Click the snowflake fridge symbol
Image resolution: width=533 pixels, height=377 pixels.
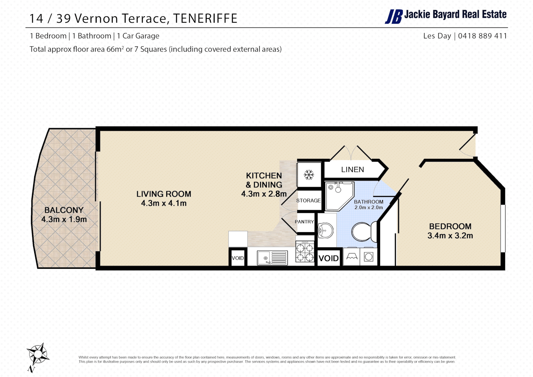click(309, 175)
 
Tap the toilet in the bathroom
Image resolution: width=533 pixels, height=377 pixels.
click(363, 231)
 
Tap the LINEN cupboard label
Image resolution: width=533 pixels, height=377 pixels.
click(353, 170)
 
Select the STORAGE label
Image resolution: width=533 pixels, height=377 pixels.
click(308, 200)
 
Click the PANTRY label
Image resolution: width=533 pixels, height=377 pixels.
click(304, 222)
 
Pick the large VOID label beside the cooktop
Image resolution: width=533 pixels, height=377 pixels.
click(328, 258)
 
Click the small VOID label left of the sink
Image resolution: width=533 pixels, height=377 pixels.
click(238, 258)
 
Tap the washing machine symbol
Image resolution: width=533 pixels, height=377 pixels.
click(369, 257)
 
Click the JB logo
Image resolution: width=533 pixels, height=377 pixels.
click(394, 16)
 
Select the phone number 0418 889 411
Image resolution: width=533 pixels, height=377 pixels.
click(482, 36)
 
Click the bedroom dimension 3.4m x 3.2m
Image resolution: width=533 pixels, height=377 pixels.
click(450, 236)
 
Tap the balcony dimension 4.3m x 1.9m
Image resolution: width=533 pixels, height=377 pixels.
click(64, 220)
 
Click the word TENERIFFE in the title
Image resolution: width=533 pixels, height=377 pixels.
click(205, 19)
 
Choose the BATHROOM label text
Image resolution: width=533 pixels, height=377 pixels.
click(369, 202)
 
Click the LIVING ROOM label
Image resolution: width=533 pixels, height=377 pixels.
click(164, 194)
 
